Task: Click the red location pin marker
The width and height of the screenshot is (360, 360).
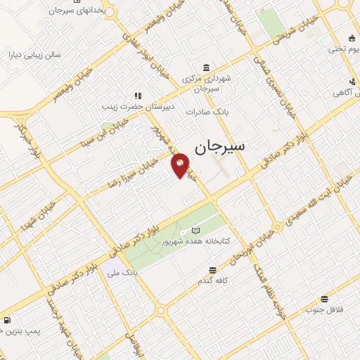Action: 180,165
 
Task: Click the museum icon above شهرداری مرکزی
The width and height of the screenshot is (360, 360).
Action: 205,67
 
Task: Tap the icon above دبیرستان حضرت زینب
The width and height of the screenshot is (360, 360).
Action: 138,96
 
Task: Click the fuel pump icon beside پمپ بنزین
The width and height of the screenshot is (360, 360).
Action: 6,321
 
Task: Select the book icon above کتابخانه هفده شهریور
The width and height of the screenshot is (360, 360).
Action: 195,231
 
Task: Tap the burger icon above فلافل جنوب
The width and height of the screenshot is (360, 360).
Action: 323,299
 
